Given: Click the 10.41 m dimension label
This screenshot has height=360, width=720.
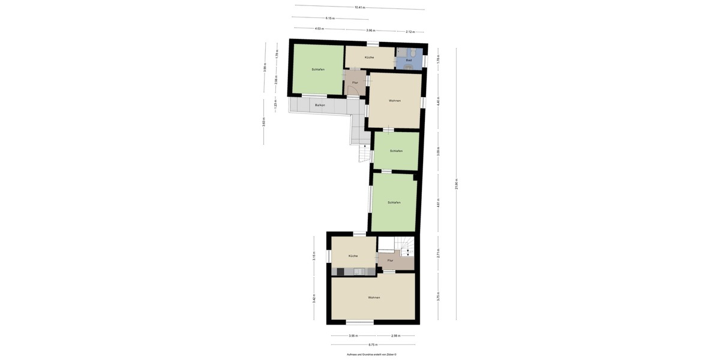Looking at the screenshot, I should click(359, 7).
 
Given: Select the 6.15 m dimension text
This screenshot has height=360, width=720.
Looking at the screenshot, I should click(330, 18).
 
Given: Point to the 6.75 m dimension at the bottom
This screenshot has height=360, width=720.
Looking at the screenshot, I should click(373, 345).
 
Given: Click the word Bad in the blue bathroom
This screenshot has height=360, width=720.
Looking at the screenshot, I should click(409, 60).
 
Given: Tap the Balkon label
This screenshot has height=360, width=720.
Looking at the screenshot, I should click(320, 105).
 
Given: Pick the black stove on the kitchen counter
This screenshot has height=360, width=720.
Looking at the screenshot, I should click(340, 272).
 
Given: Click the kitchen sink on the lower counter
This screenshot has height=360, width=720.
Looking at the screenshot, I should click(358, 272).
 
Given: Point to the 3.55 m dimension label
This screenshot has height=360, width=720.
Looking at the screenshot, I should click(353, 335).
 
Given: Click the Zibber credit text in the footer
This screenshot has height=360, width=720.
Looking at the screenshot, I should click(373, 355).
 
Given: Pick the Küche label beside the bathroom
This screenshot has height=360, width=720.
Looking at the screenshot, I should click(369, 58).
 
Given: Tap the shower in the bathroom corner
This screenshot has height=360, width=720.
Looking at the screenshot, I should click(401, 52).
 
